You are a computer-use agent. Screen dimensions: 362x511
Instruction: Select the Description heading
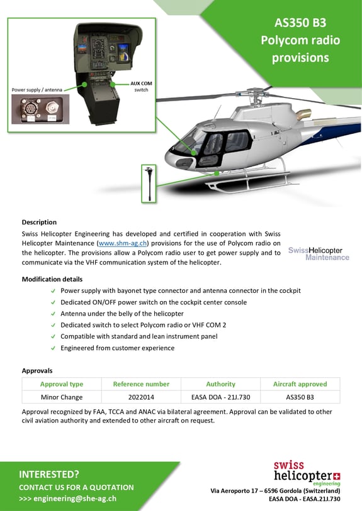pyautogui.click(x=39, y=222)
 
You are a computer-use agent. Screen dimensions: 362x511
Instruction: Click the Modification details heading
pyautogui.click(x=52, y=279)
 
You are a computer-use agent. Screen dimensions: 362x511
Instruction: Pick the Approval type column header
pyautogui.click(x=62, y=384)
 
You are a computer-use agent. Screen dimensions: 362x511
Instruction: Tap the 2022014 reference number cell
pyautogui.click(x=141, y=397)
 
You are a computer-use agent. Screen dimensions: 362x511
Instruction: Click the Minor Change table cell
pyautogui.click(x=62, y=397)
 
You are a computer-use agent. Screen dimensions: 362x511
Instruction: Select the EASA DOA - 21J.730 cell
pyautogui.click(x=220, y=397)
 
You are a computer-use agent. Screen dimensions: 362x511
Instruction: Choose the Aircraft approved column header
pyautogui.click(x=300, y=384)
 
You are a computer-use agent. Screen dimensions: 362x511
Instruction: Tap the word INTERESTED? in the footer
pyautogui.click(x=49, y=474)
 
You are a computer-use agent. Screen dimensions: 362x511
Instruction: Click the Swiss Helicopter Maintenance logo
pyautogui.click(x=319, y=253)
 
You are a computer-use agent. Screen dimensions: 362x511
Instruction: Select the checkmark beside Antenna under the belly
pyautogui.click(x=53, y=314)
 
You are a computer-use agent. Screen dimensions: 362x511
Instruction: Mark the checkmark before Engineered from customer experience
pyautogui.click(x=53, y=348)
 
